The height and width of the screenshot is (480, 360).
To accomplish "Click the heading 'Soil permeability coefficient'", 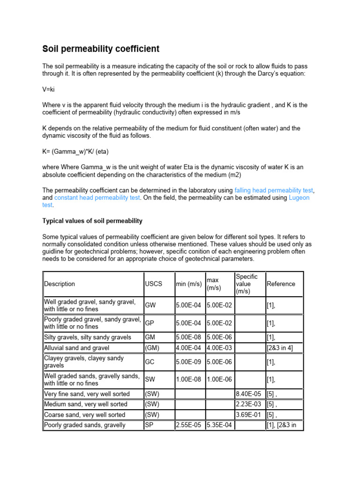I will pyautogui.click(x=101, y=49).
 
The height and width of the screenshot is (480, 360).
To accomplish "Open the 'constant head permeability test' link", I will pyautogui.click(x=97, y=198).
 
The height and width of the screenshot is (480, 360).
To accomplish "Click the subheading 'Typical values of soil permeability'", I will pyautogui.click(x=92, y=221).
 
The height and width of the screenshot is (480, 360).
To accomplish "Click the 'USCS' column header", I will pyautogui.click(x=153, y=284).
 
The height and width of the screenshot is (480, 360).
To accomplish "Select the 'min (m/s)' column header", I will pyautogui.click(x=189, y=284).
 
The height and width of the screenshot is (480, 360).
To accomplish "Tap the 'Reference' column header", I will pyautogui.click(x=281, y=284).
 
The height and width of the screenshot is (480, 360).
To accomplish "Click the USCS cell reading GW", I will pyautogui.click(x=150, y=306).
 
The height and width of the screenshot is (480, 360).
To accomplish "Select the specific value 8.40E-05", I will pyautogui.click(x=249, y=394).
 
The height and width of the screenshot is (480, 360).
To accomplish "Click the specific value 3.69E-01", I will pyautogui.click(x=249, y=415).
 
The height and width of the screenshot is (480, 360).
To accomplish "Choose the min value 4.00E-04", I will pyautogui.click(x=189, y=348).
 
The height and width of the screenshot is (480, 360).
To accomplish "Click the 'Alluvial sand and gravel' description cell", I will pyautogui.click(x=77, y=348).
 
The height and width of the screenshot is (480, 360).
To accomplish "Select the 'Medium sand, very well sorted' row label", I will pyautogui.click(x=85, y=405).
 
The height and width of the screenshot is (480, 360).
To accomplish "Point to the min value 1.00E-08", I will pyautogui.click(x=189, y=379).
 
